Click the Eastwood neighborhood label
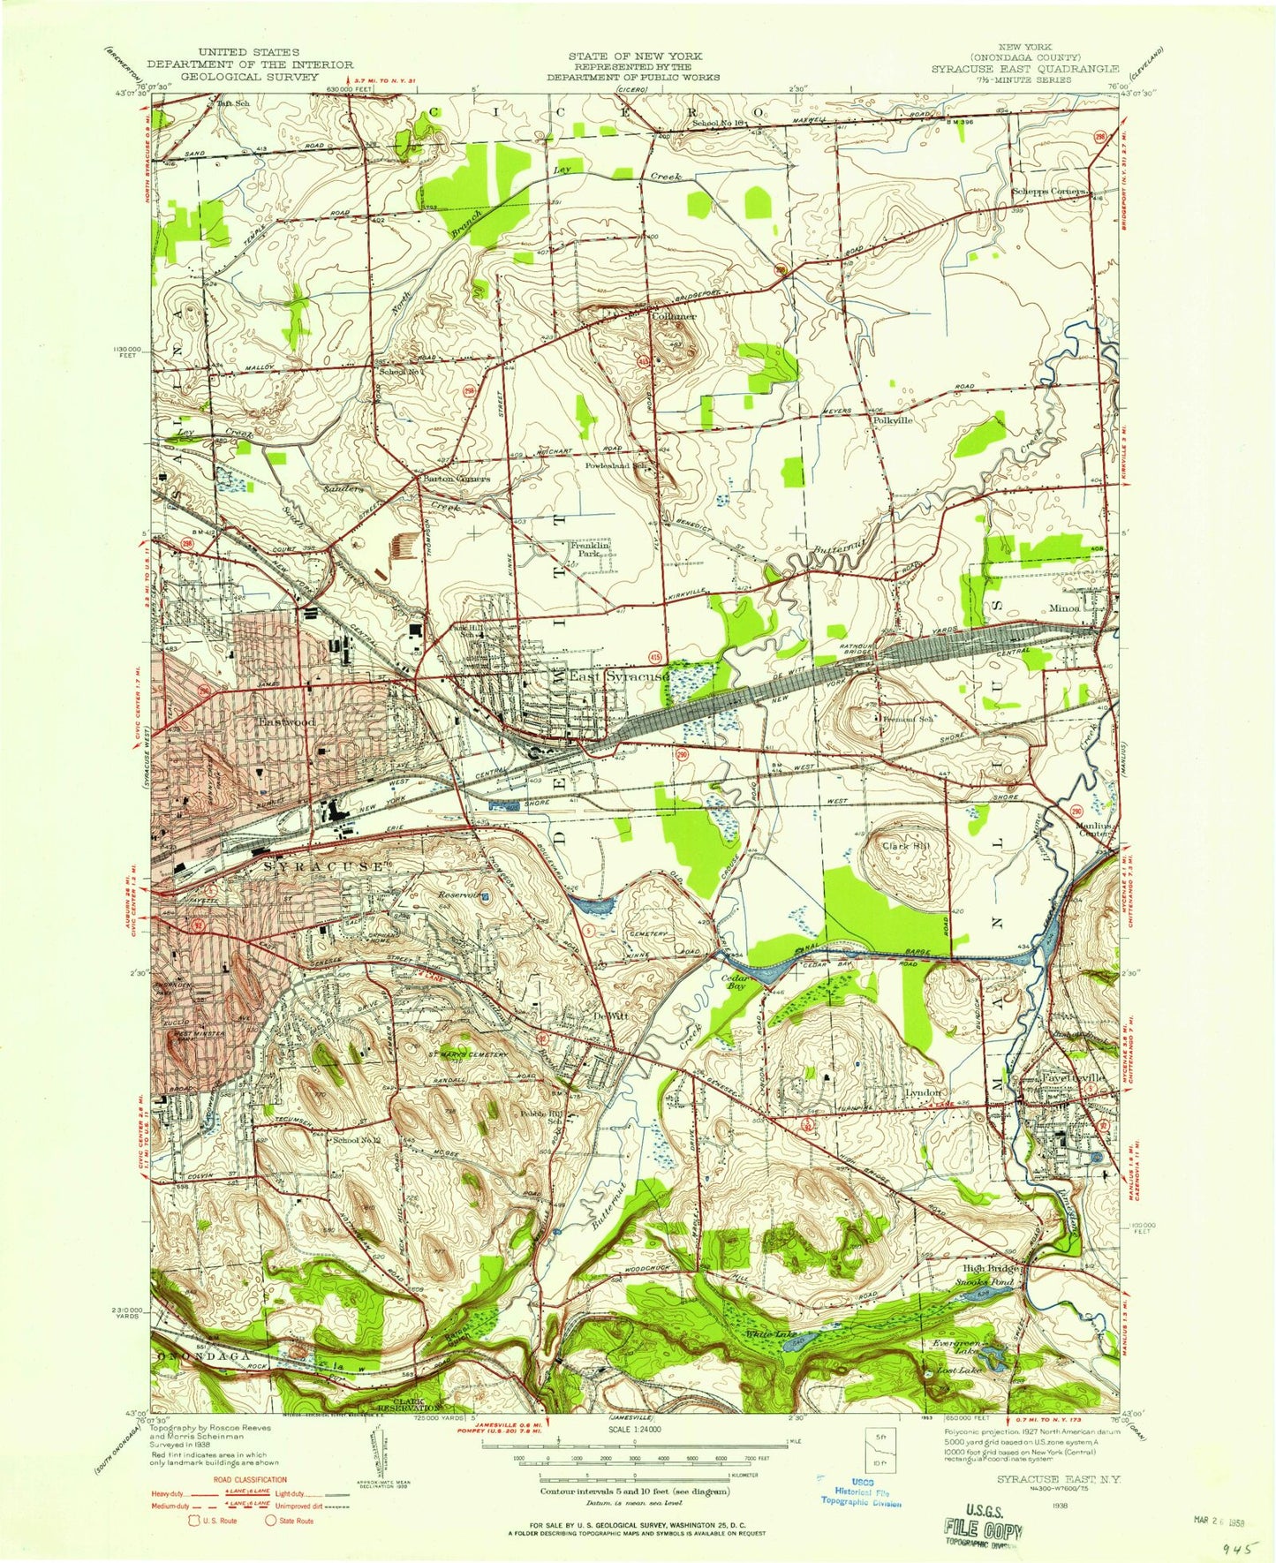285,721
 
